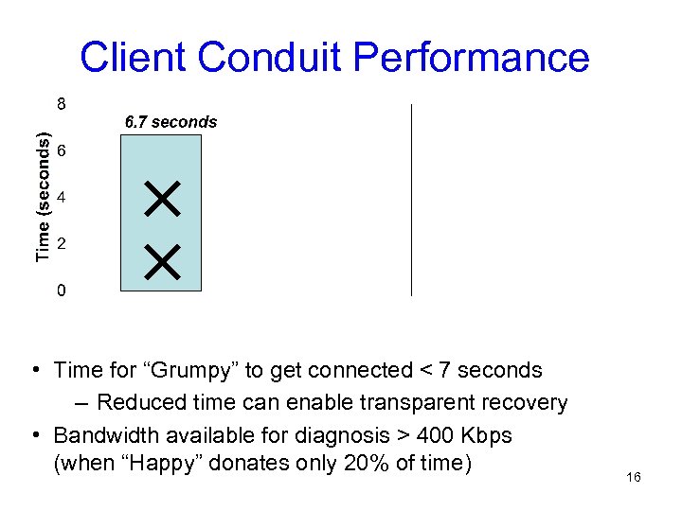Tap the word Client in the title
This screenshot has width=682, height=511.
point(135,58)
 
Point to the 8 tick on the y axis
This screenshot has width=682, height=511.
point(61,102)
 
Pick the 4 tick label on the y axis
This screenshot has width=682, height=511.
point(61,199)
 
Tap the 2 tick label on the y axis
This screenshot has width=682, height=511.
point(61,244)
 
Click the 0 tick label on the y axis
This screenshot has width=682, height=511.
point(61,291)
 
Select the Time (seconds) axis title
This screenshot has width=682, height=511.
point(43,197)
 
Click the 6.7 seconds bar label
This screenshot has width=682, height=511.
point(171,122)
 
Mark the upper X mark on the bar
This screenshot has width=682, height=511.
point(163,200)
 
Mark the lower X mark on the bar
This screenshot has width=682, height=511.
point(163,259)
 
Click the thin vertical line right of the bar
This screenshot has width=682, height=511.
point(411,199)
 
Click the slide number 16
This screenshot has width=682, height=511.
point(634,477)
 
